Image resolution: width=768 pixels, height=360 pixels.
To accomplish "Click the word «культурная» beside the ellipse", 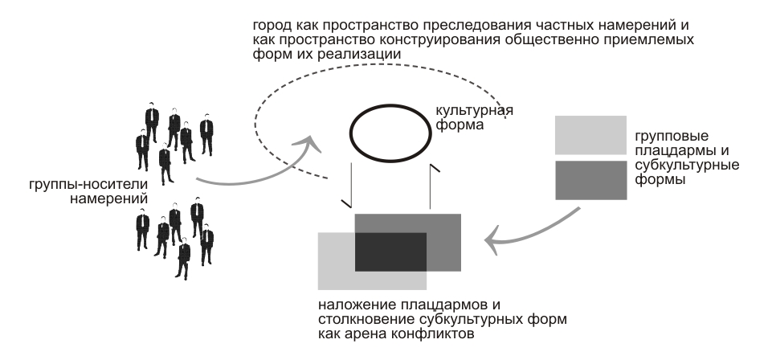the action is click(475, 111).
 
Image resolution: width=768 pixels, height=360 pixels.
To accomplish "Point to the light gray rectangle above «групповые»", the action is click(590, 135).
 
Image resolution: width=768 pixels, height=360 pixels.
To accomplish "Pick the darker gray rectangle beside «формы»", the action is click(590, 180).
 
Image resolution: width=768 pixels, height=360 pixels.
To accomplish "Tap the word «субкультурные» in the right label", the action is click(687, 165).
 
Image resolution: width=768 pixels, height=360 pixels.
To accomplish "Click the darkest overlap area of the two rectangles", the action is click(390, 252).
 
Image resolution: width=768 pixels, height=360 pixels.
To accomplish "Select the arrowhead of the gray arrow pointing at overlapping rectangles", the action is click(492, 240).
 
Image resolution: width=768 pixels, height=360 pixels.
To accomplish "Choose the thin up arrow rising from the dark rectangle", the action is click(431, 186).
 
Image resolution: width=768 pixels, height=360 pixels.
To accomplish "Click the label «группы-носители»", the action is click(88, 185).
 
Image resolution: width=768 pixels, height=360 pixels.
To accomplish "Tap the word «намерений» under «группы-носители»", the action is click(108, 198).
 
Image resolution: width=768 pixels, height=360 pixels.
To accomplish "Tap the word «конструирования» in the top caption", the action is click(423, 39).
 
